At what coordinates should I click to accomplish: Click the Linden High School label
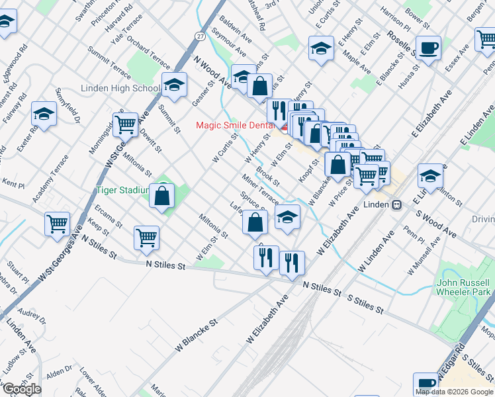120,89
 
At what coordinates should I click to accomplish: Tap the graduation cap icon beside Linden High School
174,85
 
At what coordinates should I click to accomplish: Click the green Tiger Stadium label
121,190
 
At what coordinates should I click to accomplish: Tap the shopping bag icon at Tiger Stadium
162,196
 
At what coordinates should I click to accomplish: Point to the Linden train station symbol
396,204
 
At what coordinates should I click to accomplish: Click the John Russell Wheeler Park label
463,287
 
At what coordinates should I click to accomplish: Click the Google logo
22,388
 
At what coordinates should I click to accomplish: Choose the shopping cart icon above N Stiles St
146,238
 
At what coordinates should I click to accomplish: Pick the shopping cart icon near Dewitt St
124,123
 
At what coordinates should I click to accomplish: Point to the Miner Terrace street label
260,189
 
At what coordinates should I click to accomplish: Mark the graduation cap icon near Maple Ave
321,48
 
